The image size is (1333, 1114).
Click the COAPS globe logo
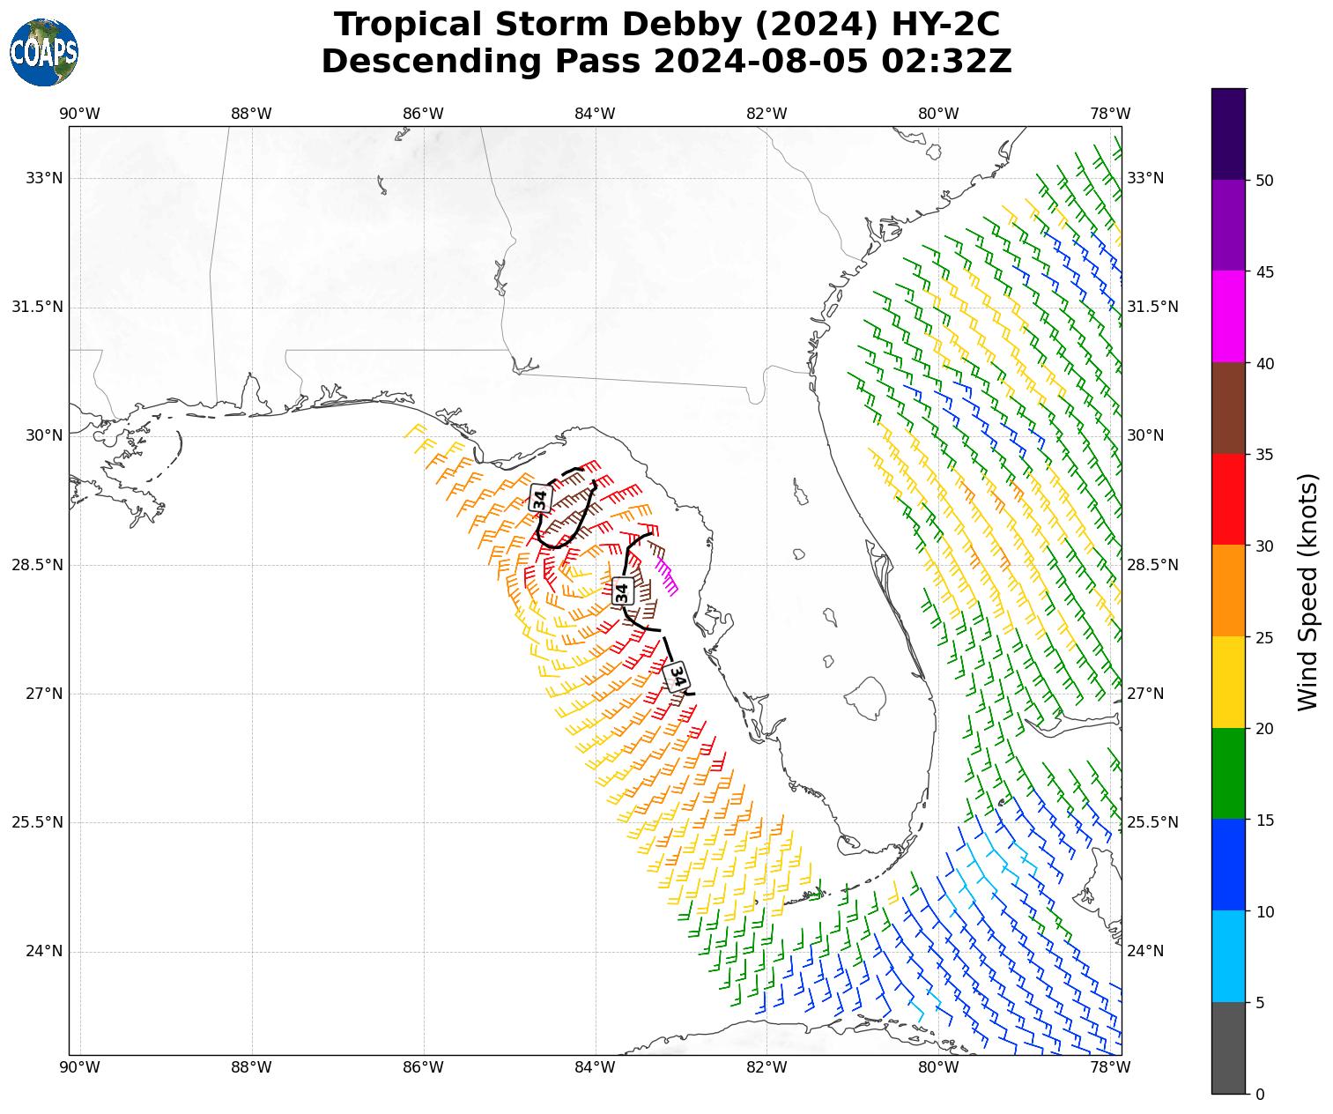pyautogui.click(x=44, y=52)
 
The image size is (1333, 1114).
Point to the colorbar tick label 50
pyautogui.click(x=1265, y=180)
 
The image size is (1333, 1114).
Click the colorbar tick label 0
pyautogui.click(x=1260, y=1095)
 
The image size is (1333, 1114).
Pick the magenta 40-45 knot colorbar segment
pyautogui.click(x=1228, y=316)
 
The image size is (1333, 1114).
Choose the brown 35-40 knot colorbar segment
pyautogui.click(x=1228, y=408)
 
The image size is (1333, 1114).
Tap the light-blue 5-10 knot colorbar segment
pyautogui.click(x=1228, y=956)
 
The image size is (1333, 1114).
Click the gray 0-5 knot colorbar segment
pyautogui.click(x=1228, y=1048)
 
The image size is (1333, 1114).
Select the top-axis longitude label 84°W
pyautogui.click(x=595, y=113)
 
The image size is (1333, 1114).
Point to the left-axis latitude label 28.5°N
pyautogui.click(x=37, y=565)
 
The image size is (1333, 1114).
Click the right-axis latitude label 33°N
pyautogui.click(x=1145, y=178)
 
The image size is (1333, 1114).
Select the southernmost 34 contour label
pyautogui.click(x=678, y=676)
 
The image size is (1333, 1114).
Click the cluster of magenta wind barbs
pyautogui.click(x=667, y=575)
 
